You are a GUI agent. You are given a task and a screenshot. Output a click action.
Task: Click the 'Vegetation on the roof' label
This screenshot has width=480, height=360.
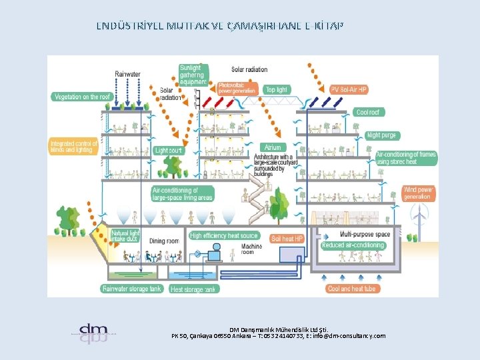point(81,97)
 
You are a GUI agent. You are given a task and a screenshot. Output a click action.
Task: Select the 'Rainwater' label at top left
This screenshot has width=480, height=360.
point(127,74)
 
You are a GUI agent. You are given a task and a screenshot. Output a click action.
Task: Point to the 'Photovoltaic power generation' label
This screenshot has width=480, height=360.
point(237,88)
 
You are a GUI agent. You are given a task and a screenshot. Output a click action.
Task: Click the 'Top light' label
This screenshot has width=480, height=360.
point(276,89)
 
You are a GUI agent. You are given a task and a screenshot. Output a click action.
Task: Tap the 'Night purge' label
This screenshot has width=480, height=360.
point(382,135)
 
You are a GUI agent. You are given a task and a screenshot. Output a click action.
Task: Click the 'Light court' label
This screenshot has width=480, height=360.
point(168,151)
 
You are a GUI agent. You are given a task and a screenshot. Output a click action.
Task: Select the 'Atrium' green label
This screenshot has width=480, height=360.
point(273,147)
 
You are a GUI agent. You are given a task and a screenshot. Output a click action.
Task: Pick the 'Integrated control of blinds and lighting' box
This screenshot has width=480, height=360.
point(74,147)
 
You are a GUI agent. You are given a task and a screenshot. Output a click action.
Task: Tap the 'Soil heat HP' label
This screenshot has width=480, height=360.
point(287,238)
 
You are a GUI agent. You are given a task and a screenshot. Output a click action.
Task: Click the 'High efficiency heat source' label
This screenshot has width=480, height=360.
point(224,236)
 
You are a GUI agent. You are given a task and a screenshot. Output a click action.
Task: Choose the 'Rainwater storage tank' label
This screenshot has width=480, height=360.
point(132,289)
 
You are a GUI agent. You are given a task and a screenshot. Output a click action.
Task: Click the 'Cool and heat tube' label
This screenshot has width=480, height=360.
point(352,289)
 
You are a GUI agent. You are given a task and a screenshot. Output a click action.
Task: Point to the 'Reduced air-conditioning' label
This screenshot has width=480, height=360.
point(353,245)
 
